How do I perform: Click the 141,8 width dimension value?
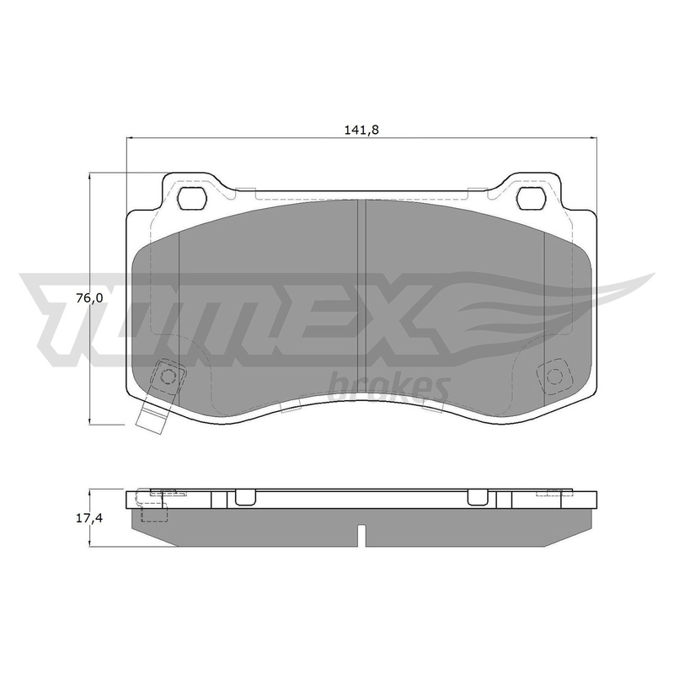pyautogui.click(x=361, y=130)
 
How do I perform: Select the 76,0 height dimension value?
pyautogui.click(x=89, y=298)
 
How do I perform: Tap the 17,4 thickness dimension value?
pyautogui.click(x=89, y=518)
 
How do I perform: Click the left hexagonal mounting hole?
pyautogui.click(x=192, y=199)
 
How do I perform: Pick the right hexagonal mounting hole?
pyautogui.click(x=532, y=199)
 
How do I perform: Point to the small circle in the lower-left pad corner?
pyautogui.click(x=167, y=377)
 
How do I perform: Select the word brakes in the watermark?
pyautogui.click(x=389, y=388)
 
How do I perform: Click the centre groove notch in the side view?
pyautogui.click(x=361, y=535)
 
